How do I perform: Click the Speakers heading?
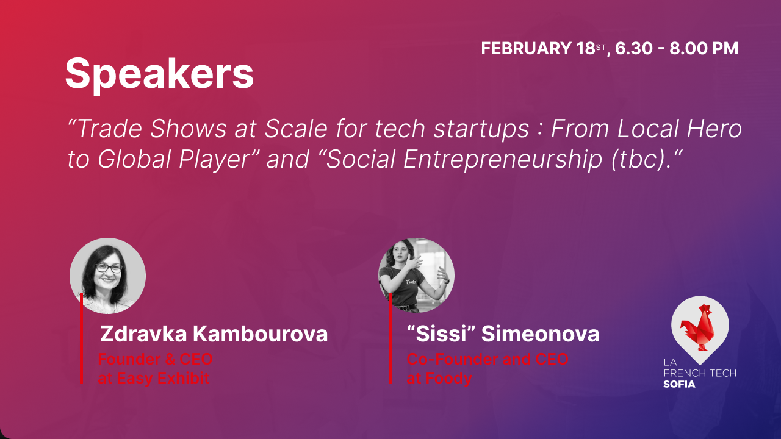coord(159,74)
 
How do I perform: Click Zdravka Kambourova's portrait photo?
coord(107,276)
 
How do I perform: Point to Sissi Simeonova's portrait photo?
coord(417,276)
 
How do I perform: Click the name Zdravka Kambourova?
coord(214,334)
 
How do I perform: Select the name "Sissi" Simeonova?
coord(503,334)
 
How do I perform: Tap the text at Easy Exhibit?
coord(154,379)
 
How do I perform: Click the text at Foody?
coord(439,379)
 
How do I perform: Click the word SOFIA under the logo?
coord(679,384)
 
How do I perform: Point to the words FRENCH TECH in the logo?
coord(699,373)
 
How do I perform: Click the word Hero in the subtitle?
coord(716,129)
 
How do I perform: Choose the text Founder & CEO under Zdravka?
coord(156,360)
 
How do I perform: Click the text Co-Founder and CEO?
coord(488,360)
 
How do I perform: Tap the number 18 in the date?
coord(586,49)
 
